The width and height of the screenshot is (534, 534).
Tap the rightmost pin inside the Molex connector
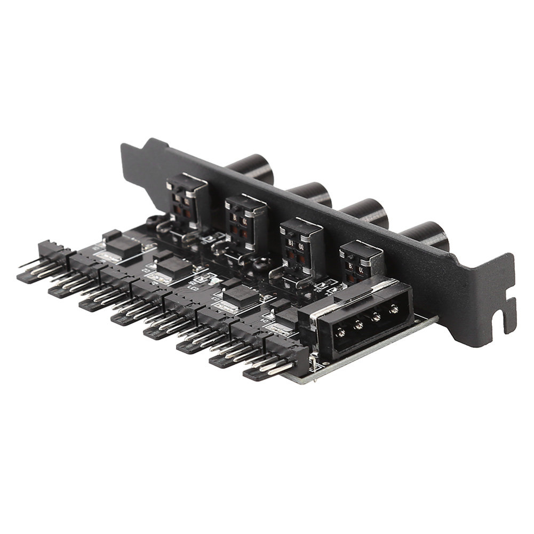point(394,309)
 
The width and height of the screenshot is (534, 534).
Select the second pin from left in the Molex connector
point(358,324)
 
